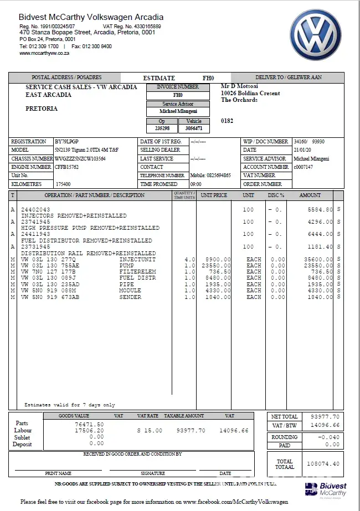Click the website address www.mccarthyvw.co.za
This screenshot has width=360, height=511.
pos(44,53)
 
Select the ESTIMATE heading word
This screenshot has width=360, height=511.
pos(159,78)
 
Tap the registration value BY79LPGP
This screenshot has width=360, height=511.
pos(67,142)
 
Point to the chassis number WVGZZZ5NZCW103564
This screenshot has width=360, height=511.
pos(80,158)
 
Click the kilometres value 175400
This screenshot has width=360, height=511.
pos(63,184)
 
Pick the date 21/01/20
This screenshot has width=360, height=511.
pos(302,150)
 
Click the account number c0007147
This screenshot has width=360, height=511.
pos(303,167)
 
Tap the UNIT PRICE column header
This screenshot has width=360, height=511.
pos(214,195)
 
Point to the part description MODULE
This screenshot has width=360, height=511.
pos(130,291)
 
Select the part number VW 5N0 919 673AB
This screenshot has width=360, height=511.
pos(50,297)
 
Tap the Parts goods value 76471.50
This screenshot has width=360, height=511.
pos(89,424)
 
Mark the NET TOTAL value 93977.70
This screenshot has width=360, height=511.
pos(325,417)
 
